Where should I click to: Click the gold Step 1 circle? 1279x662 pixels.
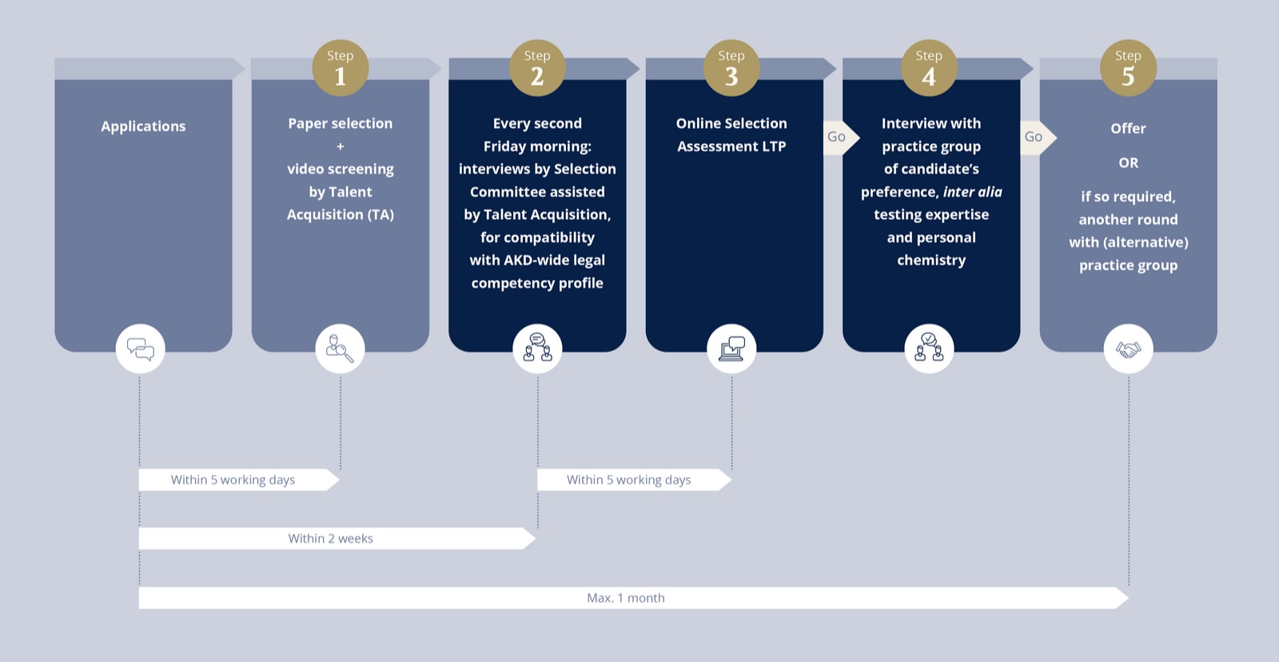[341, 68]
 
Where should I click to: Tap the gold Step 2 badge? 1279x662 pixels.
[537, 68]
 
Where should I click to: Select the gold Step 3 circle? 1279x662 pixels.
[731, 68]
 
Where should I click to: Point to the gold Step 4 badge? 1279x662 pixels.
[929, 68]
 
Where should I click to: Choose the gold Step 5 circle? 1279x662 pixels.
[1128, 68]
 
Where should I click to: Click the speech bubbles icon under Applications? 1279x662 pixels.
[141, 349]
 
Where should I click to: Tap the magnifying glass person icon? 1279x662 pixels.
[341, 349]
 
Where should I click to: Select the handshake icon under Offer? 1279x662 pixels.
[1128, 349]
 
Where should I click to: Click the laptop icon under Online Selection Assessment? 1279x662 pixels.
[731, 349]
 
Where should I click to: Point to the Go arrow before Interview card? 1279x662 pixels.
[840, 137]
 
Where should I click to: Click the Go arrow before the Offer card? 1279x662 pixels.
[1038, 137]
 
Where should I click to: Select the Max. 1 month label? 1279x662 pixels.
[626, 598]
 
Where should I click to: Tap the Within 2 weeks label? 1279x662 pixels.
[330, 539]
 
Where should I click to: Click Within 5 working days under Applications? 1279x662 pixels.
[233, 480]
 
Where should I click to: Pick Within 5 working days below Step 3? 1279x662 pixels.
[628, 480]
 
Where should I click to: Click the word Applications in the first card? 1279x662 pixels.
[143, 126]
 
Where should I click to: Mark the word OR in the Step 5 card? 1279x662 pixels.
[1128, 163]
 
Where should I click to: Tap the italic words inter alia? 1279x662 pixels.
[972, 192]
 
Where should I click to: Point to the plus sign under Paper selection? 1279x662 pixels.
[341, 147]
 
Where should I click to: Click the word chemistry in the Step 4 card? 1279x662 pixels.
[931, 261]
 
